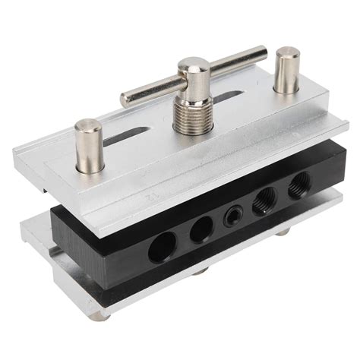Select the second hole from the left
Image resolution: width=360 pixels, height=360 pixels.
pos(201,229)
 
